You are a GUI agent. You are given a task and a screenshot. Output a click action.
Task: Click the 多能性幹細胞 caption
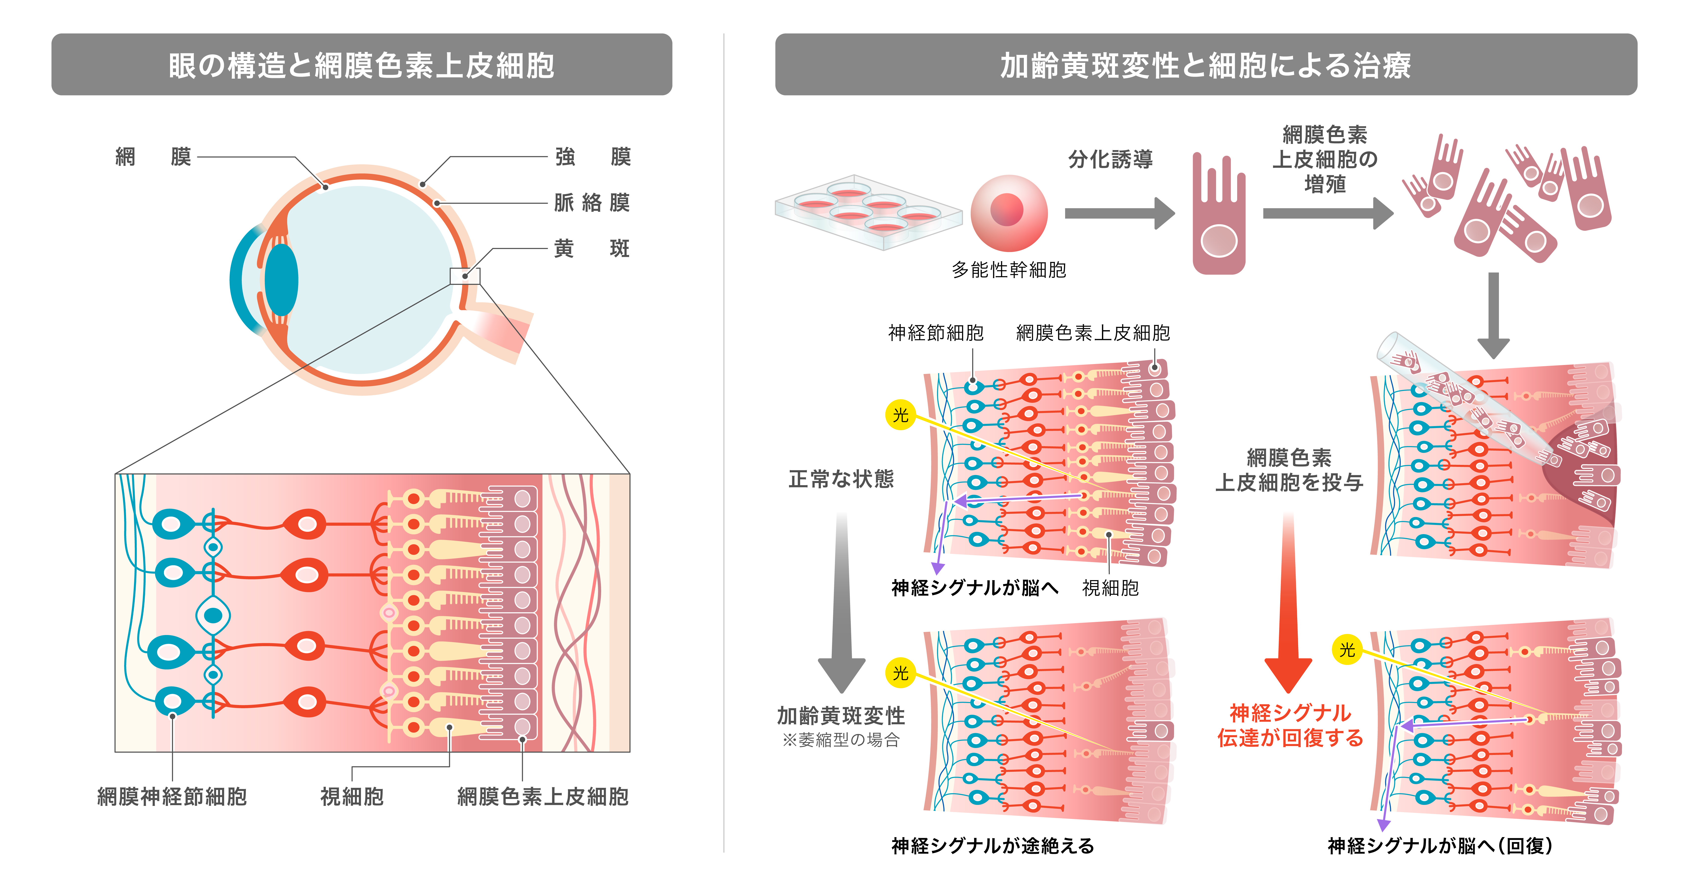click(1009, 270)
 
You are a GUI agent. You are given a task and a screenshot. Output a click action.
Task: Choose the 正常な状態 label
click(841, 479)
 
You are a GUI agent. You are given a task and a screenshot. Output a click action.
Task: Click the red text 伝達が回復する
click(1290, 738)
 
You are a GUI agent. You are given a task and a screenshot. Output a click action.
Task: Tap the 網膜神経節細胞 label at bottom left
click(172, 797)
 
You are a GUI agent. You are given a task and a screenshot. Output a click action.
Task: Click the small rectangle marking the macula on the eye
click(465, 276)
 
